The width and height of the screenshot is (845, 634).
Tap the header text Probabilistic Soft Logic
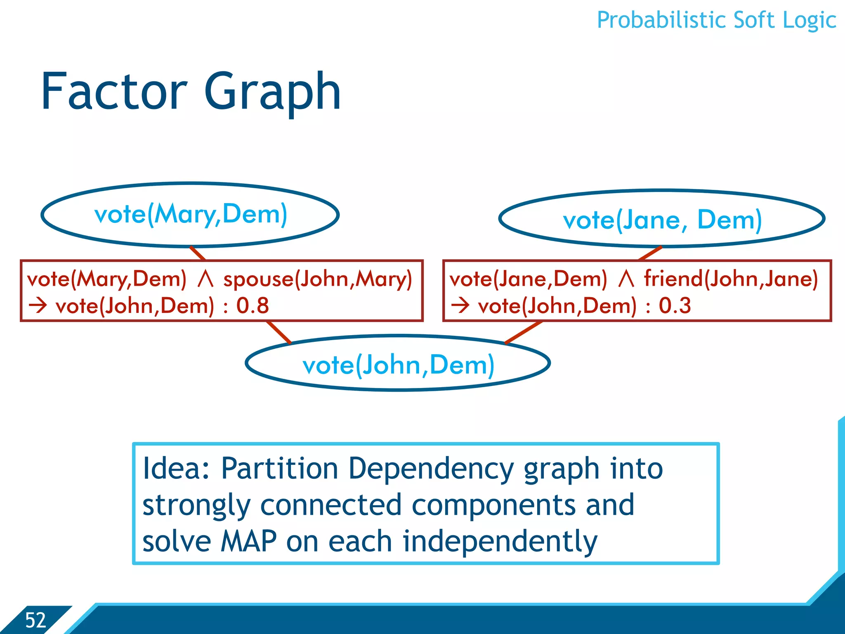point(716,21)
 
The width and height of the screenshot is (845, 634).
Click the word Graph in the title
point(272,93)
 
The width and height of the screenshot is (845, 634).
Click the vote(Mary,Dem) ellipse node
point(190,215)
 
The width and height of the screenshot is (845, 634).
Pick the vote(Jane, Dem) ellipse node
point(662,219)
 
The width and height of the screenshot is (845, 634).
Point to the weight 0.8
point(252,306)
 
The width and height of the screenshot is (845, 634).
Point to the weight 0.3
point(675,306)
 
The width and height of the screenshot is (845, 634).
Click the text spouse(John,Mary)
point(317,279)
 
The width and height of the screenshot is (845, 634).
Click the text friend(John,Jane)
point(731,279)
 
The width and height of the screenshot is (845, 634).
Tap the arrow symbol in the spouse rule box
point(38,306)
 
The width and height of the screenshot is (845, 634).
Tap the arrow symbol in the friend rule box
point(460,306)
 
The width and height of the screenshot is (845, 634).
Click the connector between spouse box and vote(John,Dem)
point(279,332)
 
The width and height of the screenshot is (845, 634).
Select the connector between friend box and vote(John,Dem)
point(523,332)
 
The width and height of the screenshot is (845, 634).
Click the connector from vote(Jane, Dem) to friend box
point(650,253)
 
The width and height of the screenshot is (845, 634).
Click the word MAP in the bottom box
point(248,542)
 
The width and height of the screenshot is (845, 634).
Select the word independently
point(500,542)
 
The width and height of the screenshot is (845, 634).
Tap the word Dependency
point(431,469)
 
